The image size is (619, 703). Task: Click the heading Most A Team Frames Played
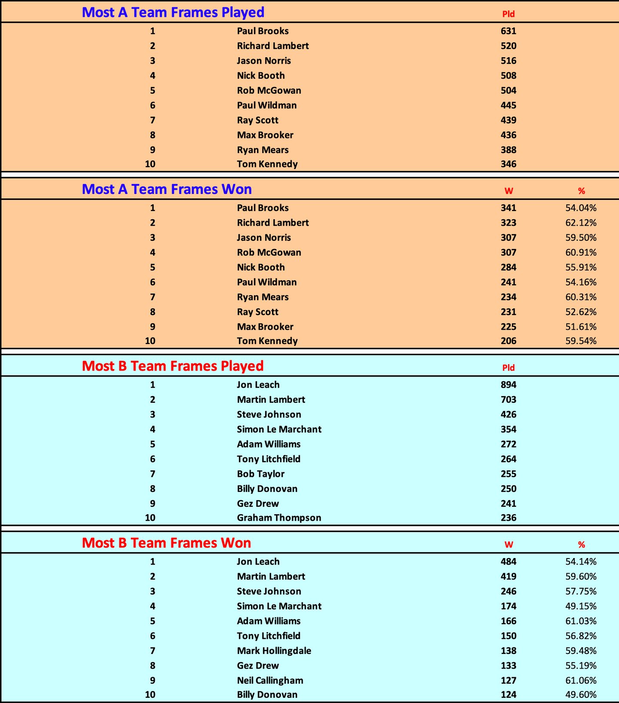[173, 12]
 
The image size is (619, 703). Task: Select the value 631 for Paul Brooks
[508, 31]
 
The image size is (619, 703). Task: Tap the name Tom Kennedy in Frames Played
[267, 164]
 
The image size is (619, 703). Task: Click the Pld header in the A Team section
[508, 14]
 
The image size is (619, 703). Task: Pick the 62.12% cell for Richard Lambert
[581, 223]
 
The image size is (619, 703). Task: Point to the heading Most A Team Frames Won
[167, 189]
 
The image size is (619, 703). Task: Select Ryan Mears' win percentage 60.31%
[581, 297]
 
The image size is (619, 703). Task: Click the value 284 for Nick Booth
[508, 267]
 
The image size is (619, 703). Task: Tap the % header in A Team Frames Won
[581, 191]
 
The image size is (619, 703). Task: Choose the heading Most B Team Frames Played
[172, 366]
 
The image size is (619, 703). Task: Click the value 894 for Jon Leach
[508, 385]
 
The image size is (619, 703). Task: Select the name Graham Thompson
[279, 518]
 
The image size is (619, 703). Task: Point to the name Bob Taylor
[260, 474]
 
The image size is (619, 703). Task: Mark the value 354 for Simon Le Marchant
[508, 429]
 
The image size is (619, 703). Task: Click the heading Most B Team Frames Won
[166, 543]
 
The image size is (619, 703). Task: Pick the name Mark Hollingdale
[274, 651]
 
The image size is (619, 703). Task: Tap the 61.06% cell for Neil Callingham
[581, 680]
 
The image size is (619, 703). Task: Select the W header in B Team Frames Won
[509, 544]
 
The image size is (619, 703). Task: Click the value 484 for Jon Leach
[508, 562]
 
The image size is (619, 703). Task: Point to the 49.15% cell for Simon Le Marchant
[581, 606]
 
